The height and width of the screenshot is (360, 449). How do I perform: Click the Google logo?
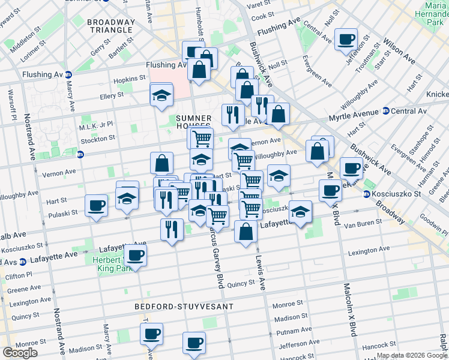[x=20, y=353]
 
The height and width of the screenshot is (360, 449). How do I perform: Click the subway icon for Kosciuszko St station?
[x=367, y=194]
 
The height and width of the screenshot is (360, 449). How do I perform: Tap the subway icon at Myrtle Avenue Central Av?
[x=385, y=111]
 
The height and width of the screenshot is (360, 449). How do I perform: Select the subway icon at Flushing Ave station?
[x=68, y=75]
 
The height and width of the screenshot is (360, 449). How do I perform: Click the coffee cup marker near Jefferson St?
[x=346, y=40]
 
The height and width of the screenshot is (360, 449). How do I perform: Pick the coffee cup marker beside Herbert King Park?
[x=136, y=255]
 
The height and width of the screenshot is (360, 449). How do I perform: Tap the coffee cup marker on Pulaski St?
[x=96, y=206]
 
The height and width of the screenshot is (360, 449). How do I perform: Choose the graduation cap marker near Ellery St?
[x=161, y=95]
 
